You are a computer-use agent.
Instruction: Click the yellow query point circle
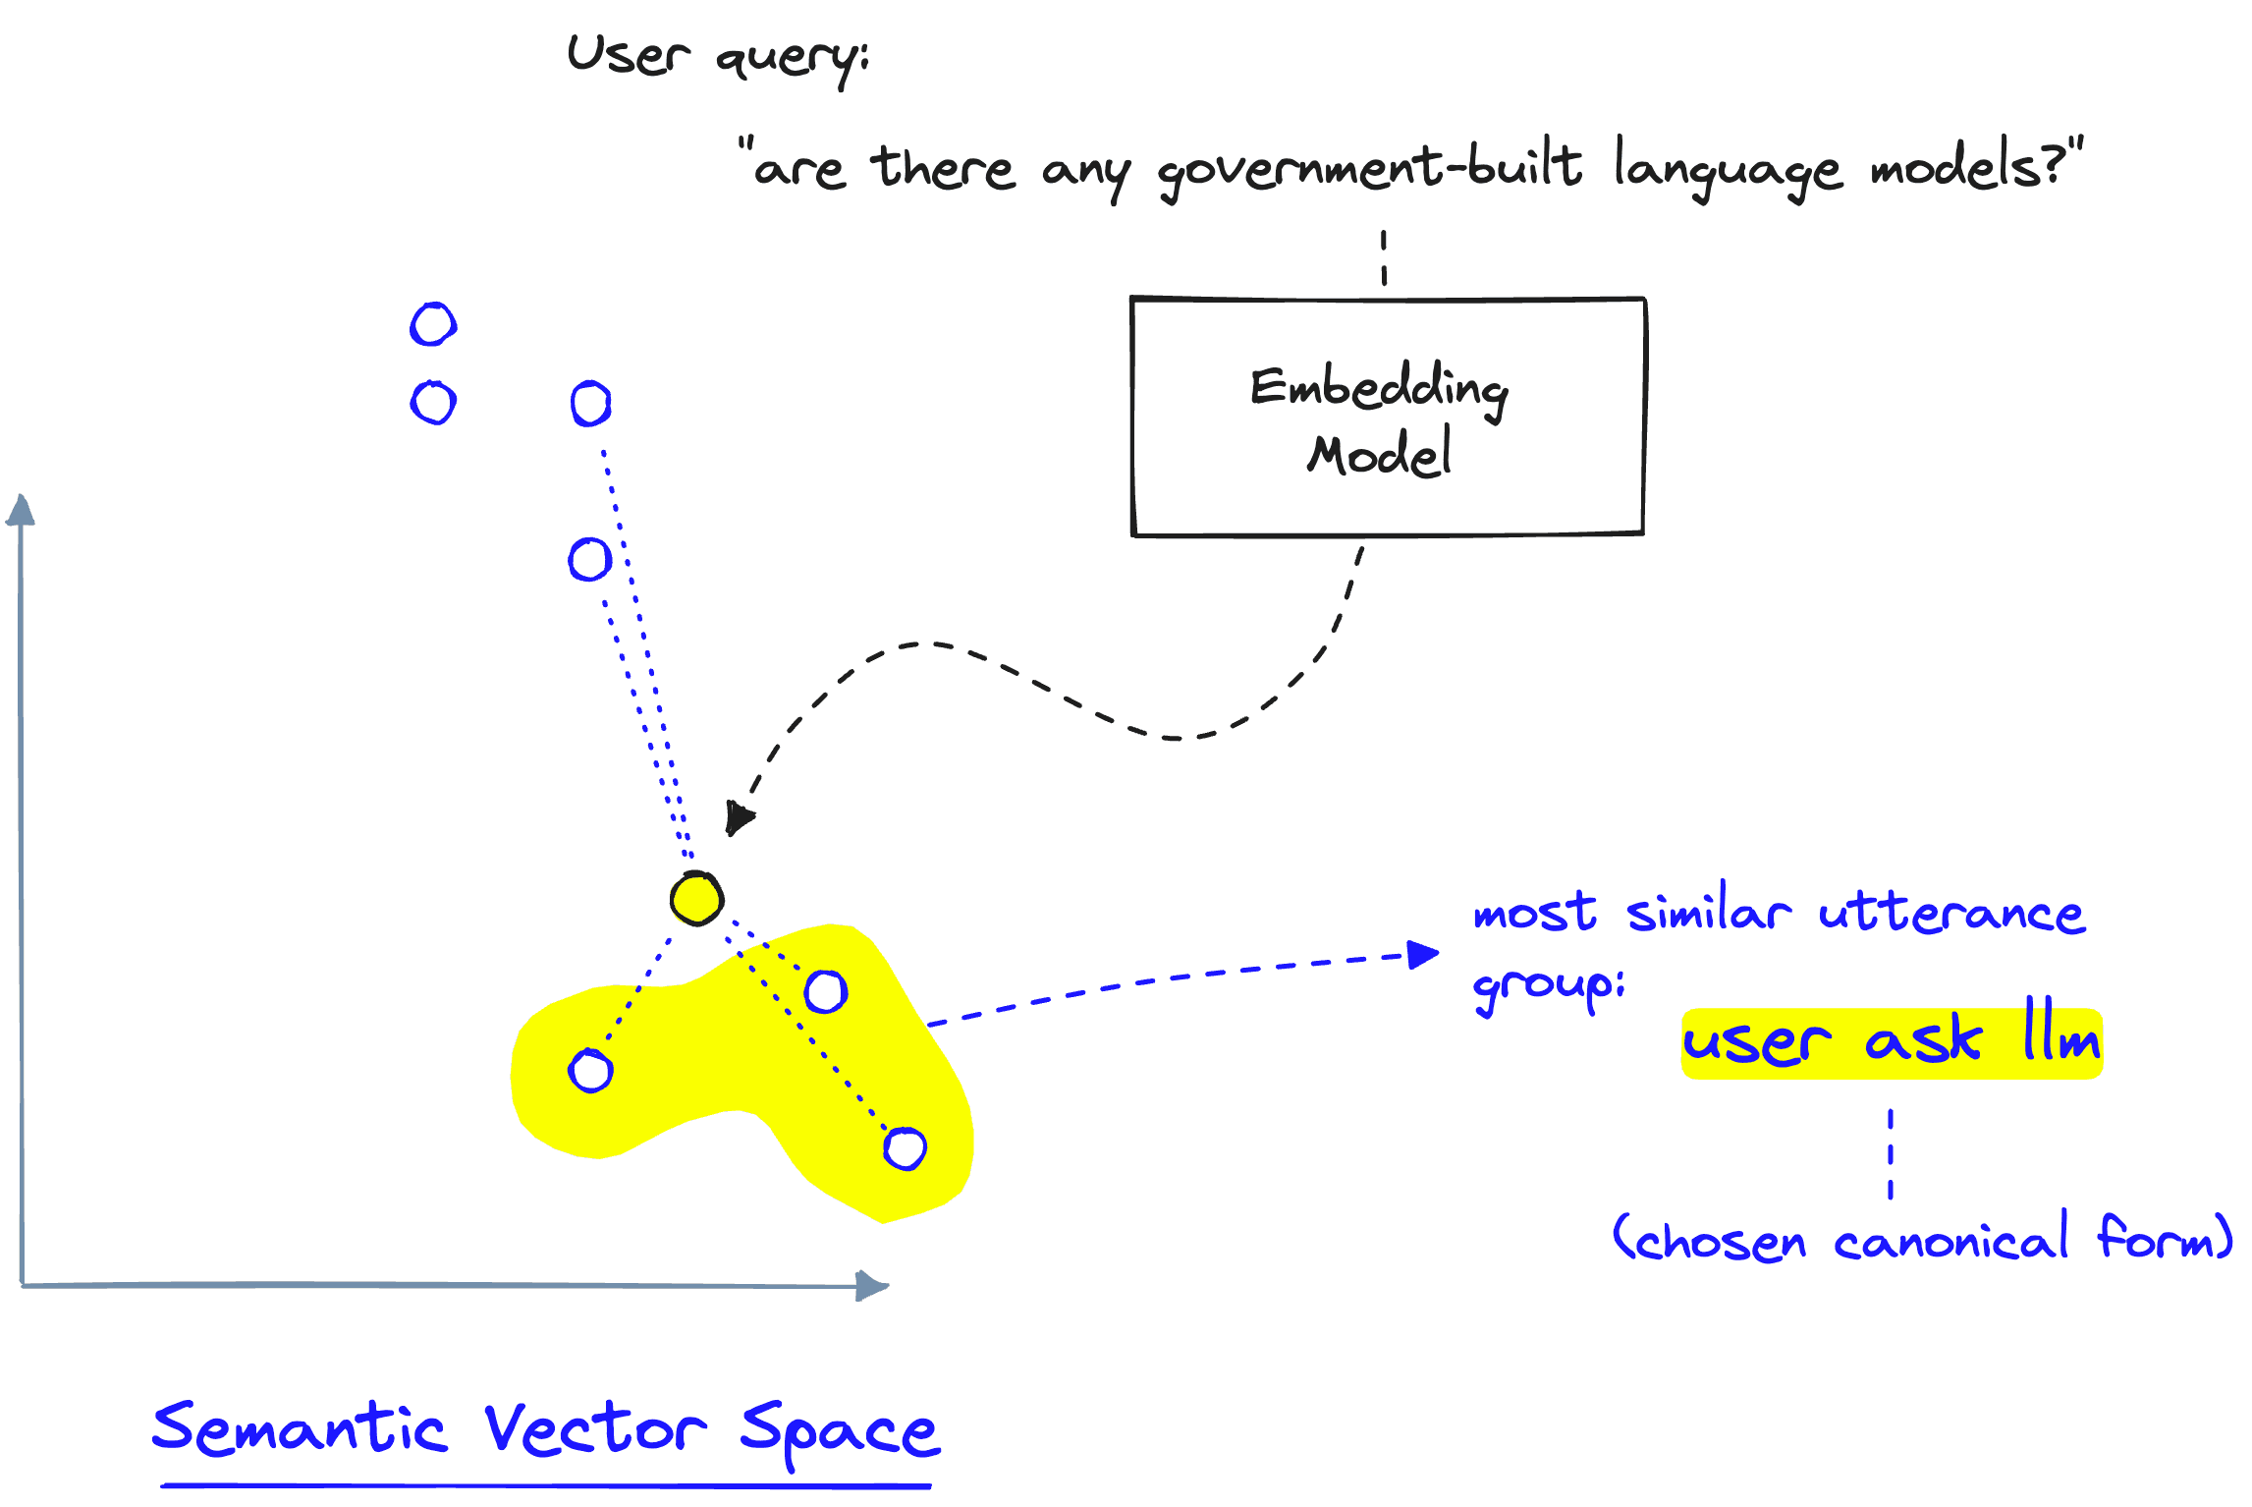696,898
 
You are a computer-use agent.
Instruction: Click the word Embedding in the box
1379,388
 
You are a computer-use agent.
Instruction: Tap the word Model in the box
1379,454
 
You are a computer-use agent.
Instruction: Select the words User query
717,57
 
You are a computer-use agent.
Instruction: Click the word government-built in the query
1369,169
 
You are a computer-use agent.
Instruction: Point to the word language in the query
1727,169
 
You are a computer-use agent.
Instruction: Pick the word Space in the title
840,1431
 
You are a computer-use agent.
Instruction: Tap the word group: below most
1548,986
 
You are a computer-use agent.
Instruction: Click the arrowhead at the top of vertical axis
21,510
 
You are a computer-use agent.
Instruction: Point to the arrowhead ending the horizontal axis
871,1285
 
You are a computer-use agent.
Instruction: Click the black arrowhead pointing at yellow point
738,817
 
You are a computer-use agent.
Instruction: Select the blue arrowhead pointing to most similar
1422,953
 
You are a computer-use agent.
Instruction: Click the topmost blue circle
433,324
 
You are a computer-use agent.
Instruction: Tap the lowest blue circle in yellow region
905,1148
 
